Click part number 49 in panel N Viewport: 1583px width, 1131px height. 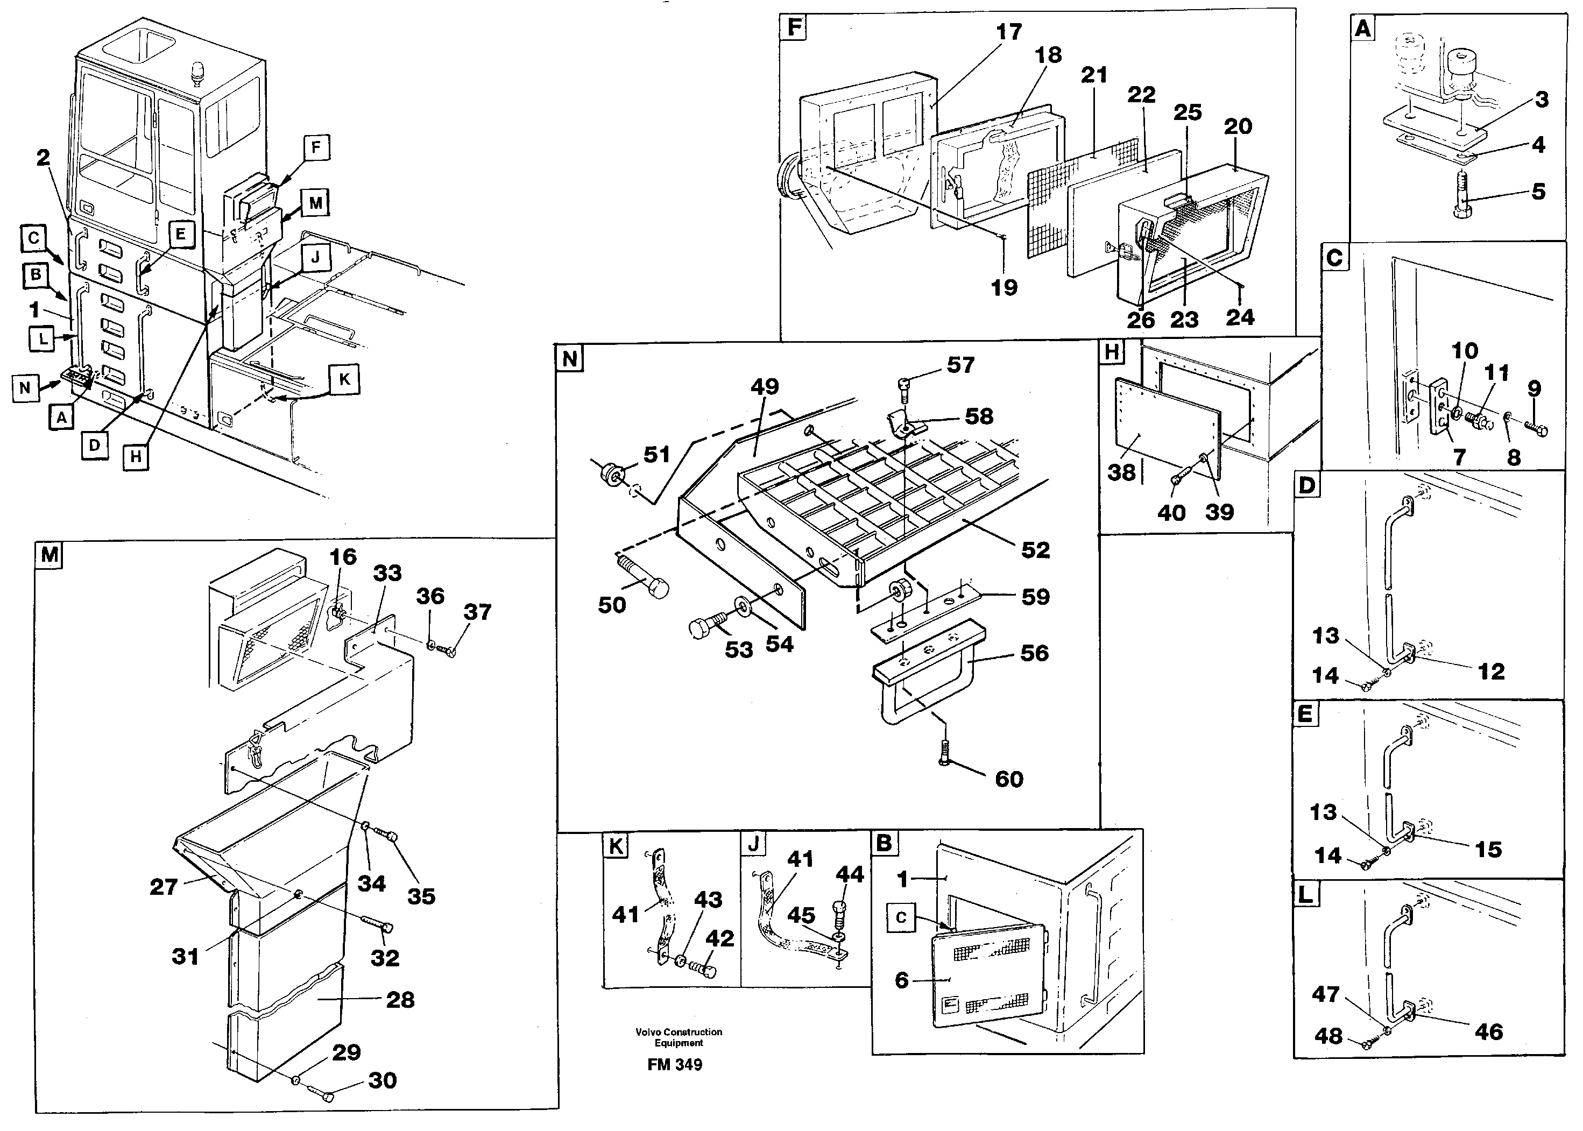point(764,386)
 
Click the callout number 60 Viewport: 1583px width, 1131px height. point(1008,779)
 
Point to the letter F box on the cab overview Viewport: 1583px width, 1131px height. point(316,147)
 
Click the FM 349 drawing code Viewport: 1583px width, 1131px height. point(674,1065)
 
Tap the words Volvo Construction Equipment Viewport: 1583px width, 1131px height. point(679,1037)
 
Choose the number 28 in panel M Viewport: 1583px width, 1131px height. point(400,1000)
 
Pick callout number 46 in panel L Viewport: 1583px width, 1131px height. point(1488,1031)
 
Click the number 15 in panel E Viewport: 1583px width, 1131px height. point(1488,849)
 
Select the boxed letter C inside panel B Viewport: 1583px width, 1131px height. point(901,917)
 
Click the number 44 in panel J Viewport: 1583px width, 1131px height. point(850,873)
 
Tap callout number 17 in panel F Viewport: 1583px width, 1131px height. point(1008,32)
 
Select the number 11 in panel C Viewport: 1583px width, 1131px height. point(1496,372)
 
